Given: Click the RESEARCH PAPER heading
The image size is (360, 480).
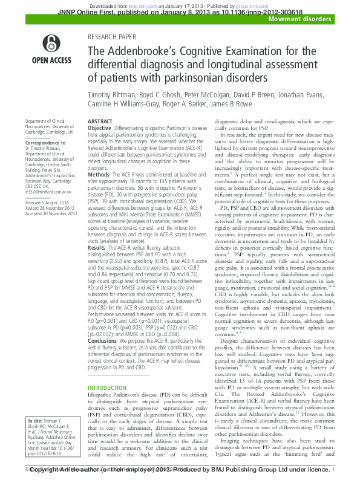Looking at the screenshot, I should click(113, 37).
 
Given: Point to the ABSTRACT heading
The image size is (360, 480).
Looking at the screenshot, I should click(100, 122).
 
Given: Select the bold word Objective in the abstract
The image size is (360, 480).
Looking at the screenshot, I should click(100, 129).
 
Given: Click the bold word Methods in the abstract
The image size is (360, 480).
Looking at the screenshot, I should click(99, 174).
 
